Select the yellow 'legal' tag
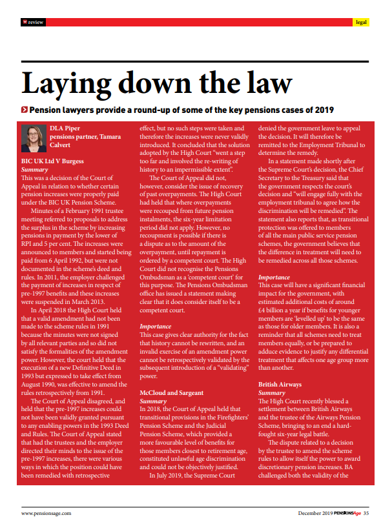(x=362, y=22)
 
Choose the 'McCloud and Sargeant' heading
(x=171, y=392)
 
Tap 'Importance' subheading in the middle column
(x=156, y=327)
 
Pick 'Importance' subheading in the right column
(x=274, y=277)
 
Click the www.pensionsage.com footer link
(x=46, y=513)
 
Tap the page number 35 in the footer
(x=366, y=513)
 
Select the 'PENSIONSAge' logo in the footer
(x=343, y=513)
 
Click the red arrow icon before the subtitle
(x=24, y=110)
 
